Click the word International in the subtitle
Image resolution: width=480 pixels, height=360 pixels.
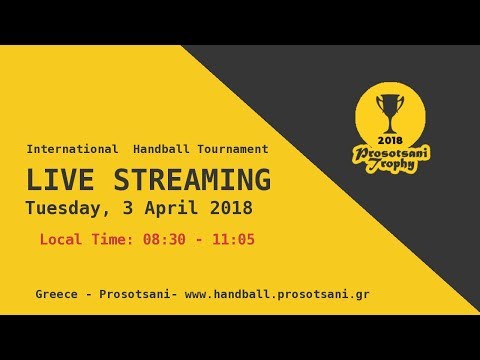pos(73,149)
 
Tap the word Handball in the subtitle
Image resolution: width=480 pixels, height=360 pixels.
pos(161,149)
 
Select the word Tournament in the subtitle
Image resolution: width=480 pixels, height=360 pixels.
pos(233,149)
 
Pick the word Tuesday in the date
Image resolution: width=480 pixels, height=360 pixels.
pos(67,209)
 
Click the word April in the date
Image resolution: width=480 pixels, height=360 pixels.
pos(176,209)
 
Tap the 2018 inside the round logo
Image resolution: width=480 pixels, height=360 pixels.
pos(389,139)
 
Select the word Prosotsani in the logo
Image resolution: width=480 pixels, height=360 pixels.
pos(389,153)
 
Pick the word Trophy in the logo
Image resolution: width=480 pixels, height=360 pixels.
pos(390,166)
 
